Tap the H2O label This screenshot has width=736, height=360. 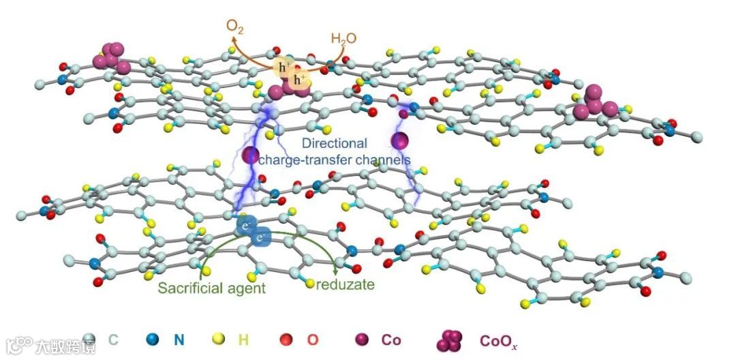tap(344, 38)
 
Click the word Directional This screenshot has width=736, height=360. tap(334, 144)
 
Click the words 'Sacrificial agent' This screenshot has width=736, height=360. tap(211, 287)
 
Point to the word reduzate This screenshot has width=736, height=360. tap(346, 284)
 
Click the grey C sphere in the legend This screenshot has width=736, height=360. tap(87, 339)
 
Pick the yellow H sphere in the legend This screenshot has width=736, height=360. tap(218, 339)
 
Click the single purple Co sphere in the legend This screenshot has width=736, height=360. tap(361, 339)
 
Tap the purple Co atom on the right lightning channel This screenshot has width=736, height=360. tap(400, 141)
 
